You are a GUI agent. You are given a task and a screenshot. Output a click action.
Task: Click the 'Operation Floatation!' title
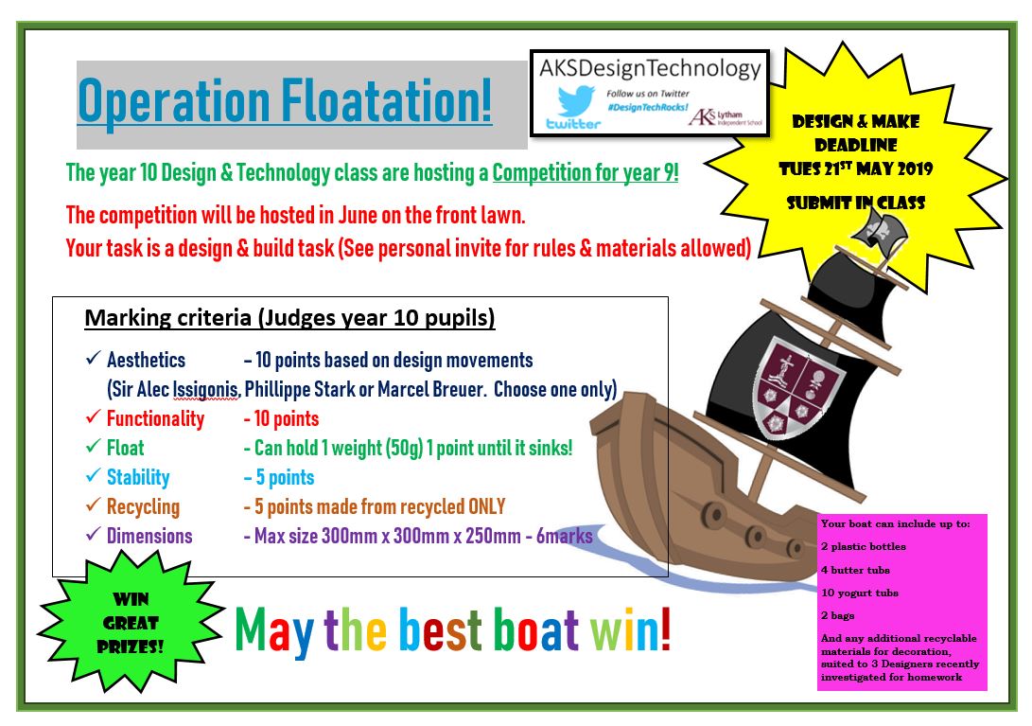tap(285, 100)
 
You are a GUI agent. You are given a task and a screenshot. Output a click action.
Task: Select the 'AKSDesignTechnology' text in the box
tap(649, 69)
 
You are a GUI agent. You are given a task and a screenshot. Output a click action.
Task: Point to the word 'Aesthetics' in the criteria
tap(146, 361)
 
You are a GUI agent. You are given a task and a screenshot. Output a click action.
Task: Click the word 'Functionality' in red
tap(155, 418)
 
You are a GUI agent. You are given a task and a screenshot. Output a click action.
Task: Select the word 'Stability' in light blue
tap(138, 477)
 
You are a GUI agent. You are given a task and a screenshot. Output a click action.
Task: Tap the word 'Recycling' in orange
tap(143, 506)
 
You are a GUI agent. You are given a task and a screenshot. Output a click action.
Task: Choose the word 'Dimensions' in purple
tap(149, 536)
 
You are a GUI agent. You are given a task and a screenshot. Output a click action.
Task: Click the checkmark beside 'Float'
tap(92, 448)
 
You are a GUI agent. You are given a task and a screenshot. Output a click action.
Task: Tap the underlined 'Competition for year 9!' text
tap(586, 174)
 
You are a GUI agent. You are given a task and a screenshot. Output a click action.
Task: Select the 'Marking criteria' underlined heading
tap(289, 318)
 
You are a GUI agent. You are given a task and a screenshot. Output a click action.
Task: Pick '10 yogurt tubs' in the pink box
tap(860, 593)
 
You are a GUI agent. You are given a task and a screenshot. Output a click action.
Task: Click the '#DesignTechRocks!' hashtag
tap(648, 108)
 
